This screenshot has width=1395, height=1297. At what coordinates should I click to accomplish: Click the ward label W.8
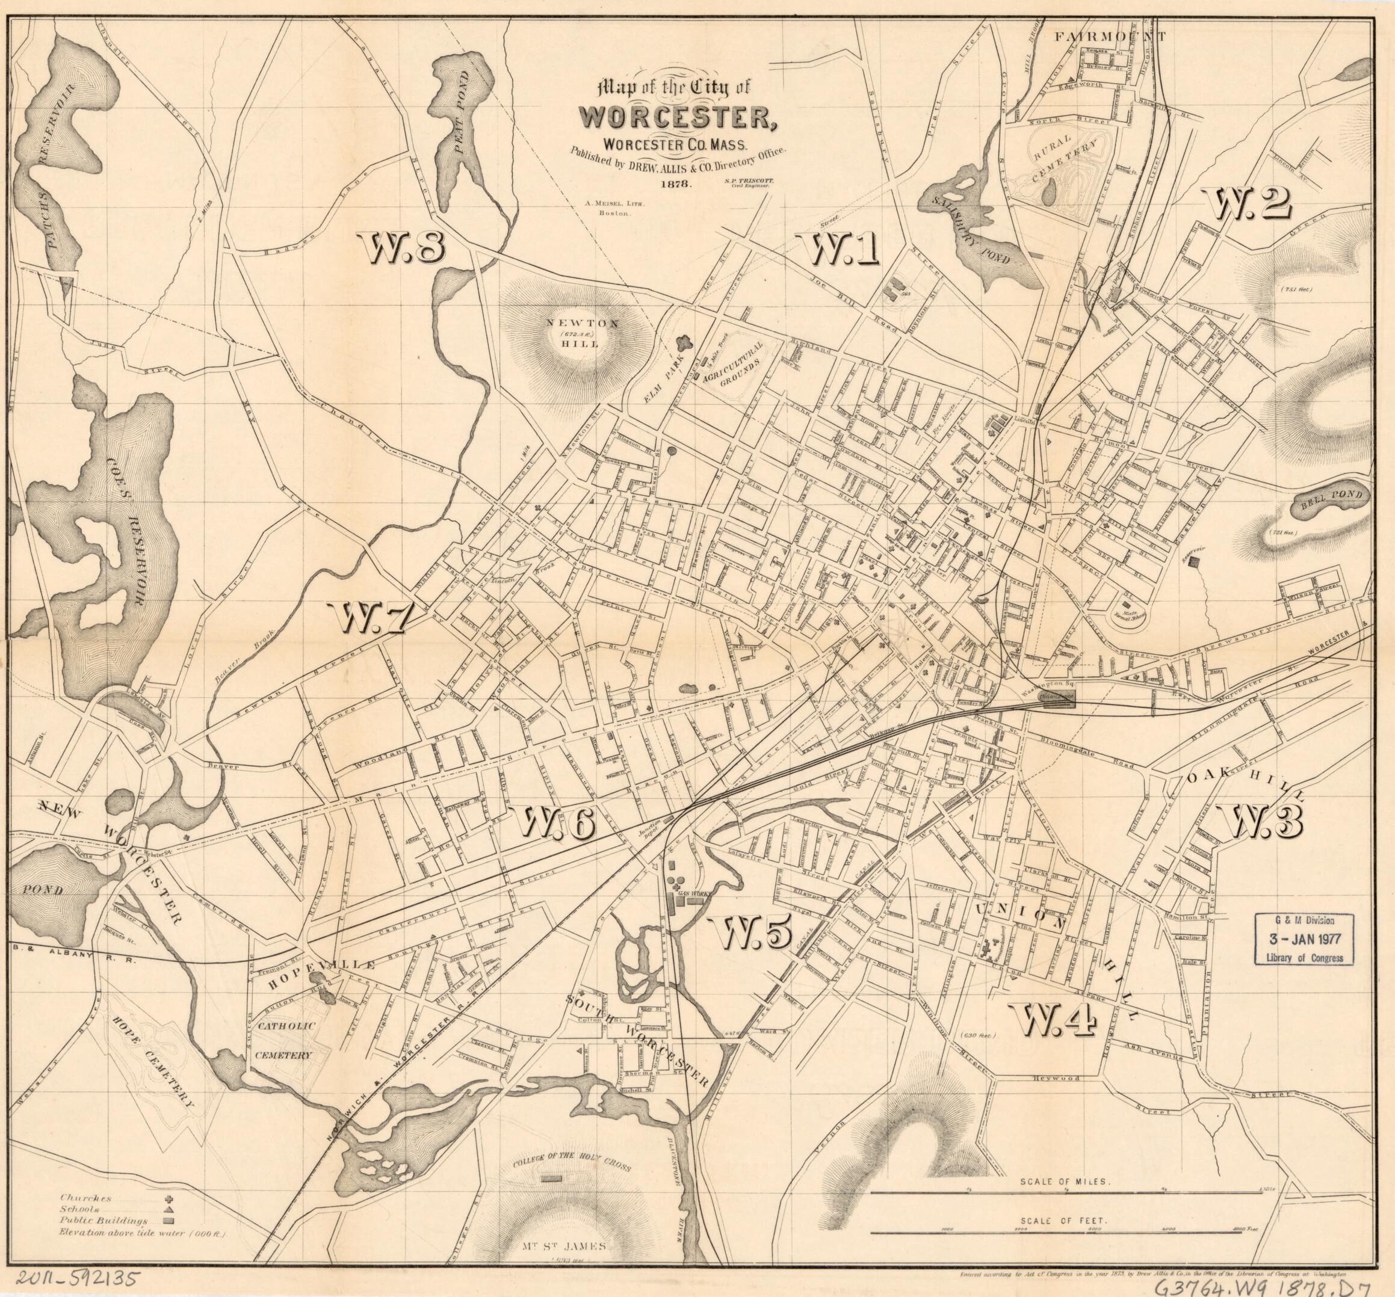pos(401,248)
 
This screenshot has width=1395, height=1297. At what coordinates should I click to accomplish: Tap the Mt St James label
pos(563,1246)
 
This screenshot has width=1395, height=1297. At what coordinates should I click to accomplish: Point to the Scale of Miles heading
pos(1065,1181)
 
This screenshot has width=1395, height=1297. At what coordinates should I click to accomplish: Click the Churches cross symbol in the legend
pos(169,1200)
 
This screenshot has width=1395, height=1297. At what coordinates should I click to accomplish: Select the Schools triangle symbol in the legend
pos(169,1210)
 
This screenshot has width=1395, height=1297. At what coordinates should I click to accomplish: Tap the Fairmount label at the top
pos(1109,37)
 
